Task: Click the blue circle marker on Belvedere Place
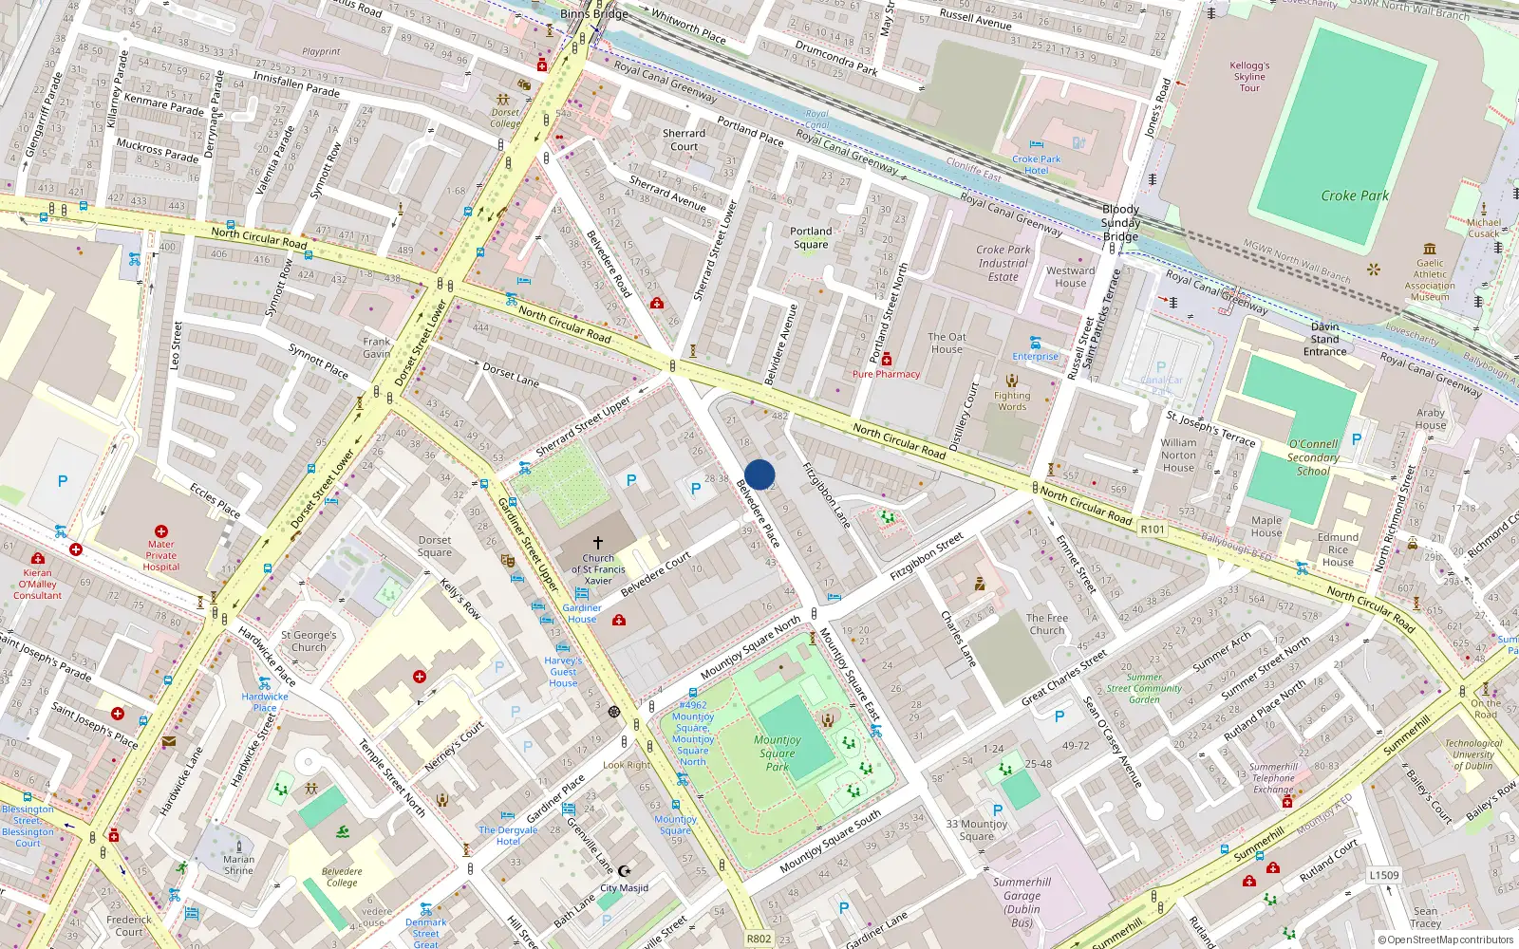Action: tap(759, 474)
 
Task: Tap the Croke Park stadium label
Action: tap(1354, 195)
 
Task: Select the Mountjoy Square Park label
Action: tap(778, 753)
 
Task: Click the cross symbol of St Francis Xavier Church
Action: tap(598, 542)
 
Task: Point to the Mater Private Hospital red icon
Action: tap(161, 531)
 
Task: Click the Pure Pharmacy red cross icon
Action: tap(887, 360)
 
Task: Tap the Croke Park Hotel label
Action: tap(1036, 164)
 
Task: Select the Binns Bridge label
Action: tap(593, 13)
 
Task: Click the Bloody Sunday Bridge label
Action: tap(1120, 222)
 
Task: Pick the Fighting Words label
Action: tap(1012, 401)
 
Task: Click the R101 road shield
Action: tap(1153, 530)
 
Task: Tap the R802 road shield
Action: tap(759, 939)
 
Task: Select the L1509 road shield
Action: tap(1384, 875)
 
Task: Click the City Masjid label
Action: tap(624, 888)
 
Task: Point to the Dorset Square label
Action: tap(435, 546)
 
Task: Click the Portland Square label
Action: tap(811, 237)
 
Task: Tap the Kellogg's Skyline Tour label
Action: tap(1249, 77)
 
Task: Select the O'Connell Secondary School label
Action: tap(1313, 457)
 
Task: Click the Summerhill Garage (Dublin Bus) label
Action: tap(1022, 902)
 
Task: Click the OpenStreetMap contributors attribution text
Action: tap(1446, 940)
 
